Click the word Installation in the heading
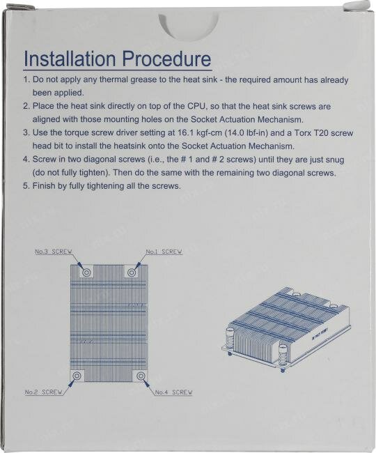pyautogui.click(x=70, y=59)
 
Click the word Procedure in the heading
pyautogui.click(x=167, y=59)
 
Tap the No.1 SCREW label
pyautogui.click(x=164, y=252)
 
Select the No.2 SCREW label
pyautogui.click(x=44, y=392)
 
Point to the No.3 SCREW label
pyautogui.click(x=54, y=252)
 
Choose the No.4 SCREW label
pyautogui.click(x=173, y=392)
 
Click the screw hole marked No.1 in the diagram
pyautogui.click(x=132, y=272)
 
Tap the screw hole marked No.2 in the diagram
pyautogui.click(x=77, y=376)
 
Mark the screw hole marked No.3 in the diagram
pyautogui.click(x=86, y=272)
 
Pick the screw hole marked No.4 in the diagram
pyautogui.click(x=141, y=376)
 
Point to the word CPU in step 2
pyautogui.click(x=197, y=107)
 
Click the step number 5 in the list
pyautogui.click(x=26, y=186)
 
